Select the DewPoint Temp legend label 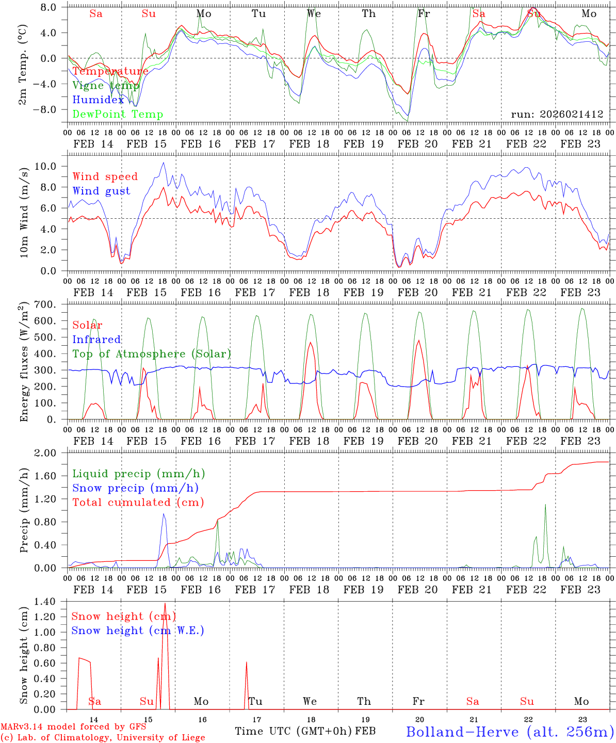[x=118, y=115]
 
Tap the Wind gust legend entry [x=101, y=191]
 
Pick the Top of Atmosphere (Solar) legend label [x=152, y=354]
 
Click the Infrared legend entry [x=96, y=340]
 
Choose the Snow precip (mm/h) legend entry [x=135, y=488]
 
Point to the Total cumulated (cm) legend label [x=138, y=503]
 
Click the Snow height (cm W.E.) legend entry [x=138, y=631]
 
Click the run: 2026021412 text [x=557, y=115]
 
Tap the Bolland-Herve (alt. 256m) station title [x=510, y=732]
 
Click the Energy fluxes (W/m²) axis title [x=24, y=362]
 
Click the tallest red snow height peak [x=165, y=604]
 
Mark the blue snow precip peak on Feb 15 [x=164, y=514]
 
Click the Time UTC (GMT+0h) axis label [x=294, y=731]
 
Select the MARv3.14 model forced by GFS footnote [x=73, y=727]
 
